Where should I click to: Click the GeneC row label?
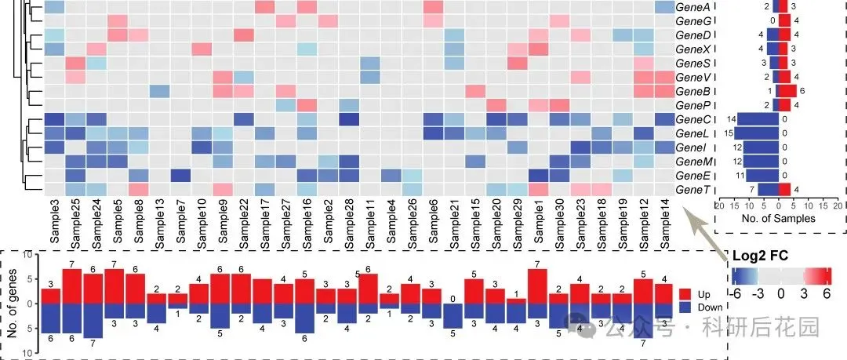tap(693, 119)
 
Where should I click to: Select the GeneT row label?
tap(693, 190)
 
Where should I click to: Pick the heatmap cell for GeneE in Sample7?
tap(180, 176)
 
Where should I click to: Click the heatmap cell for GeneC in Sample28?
tap(349, 119)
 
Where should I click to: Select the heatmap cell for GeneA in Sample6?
tap(433, 7)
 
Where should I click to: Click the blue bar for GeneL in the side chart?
tap(756, 133)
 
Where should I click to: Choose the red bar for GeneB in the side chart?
tap(787, 91)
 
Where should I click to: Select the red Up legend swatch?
tap(686, 294)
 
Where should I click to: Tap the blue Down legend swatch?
tap(686, 307)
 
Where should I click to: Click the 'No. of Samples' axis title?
tap(779, 218)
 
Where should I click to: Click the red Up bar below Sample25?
tap(72, 286)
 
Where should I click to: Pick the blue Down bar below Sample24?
tap(93, 321)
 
